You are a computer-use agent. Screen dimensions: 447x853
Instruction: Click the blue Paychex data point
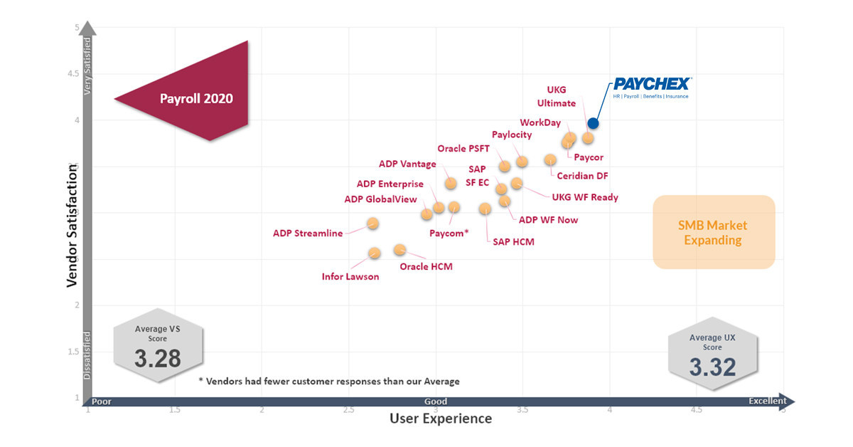click(x=593, y=123)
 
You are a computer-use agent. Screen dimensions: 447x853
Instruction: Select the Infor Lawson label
click(x=350, y=277)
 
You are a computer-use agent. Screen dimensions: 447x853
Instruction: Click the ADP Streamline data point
click(x=372, y=223)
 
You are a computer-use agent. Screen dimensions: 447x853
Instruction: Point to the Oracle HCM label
click(x=426, y=267)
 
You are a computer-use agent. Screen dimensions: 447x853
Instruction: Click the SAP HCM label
click(x=513, y=242)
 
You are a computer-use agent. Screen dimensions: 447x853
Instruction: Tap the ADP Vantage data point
click(x=451, y=184)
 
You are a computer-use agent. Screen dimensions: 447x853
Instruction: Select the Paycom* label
click(x=449, y=233)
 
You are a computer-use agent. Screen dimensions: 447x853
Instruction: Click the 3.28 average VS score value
click(x=158, y=358)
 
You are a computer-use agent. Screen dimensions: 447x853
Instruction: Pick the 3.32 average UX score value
click(x=712, y=367)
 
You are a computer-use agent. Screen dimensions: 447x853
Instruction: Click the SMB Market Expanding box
click(x=713, y=232)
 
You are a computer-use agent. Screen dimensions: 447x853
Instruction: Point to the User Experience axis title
click(x=440, y=419)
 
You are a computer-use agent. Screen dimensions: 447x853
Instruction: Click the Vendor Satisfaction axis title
click(x=72, y=225)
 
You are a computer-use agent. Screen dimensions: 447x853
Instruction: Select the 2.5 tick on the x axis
click(x=348, y=410)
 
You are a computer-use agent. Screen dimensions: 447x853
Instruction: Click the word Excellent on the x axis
click(x=767, y=401)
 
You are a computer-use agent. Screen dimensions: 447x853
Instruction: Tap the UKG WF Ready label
click(x=585, y=197)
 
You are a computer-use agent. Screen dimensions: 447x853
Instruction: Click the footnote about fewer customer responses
click(x=328, y=381)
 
